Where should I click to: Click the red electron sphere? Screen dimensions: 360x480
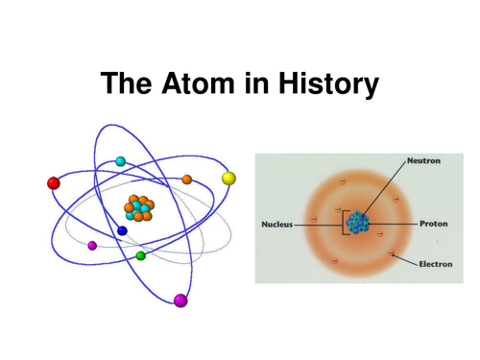[54, 182]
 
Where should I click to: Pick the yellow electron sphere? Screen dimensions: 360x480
[228, 178]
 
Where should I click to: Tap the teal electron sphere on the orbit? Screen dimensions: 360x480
[120, 161]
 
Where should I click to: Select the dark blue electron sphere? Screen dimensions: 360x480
[122, 230]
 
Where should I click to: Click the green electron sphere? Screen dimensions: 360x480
[141, 255]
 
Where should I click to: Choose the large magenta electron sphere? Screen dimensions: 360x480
[180, 300]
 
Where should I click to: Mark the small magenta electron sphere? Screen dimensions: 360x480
[92, 246]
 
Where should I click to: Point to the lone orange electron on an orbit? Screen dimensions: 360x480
[187, 180]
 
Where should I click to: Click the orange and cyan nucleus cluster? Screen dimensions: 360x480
[141, 207]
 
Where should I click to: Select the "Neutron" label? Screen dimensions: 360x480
[424, 161]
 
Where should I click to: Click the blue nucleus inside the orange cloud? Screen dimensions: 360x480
[357, 223]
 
